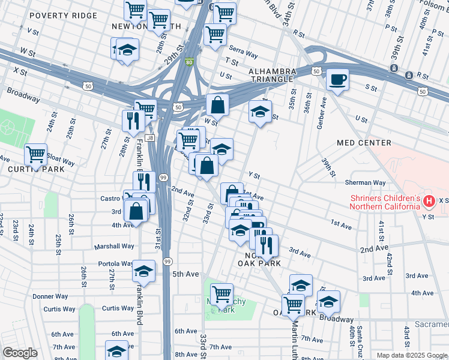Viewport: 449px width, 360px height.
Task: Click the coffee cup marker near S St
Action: [x=337, y=79]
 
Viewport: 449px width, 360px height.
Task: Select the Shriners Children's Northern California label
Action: [x=384, y=203]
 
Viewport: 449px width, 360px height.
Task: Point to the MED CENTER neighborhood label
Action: [x=364, y=143]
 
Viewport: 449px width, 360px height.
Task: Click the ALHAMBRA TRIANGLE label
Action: [x=272, y=75]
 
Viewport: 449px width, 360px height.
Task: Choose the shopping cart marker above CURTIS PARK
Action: [x=36, y=154]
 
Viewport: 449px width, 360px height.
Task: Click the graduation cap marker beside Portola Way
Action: [x=143, y=271]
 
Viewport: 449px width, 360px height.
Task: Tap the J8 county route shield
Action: [x=150, y=137]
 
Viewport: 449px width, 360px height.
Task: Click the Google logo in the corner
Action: [x=20, y=353]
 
